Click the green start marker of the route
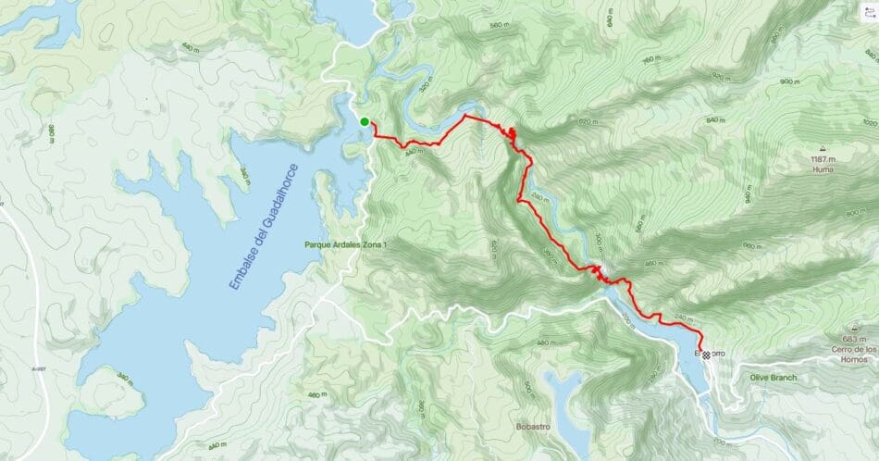coord(365,121)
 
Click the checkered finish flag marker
coord(706,355)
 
